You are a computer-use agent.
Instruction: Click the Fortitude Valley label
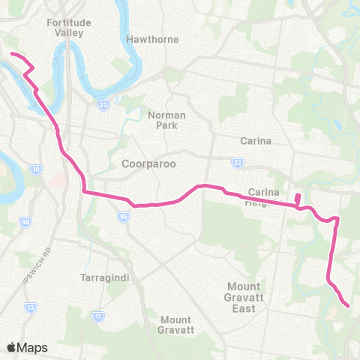tap(69, 28)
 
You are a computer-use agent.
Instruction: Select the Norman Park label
tap(166, 120)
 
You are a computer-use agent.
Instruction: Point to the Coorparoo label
tap(148, 163)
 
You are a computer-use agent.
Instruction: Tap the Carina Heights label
tap(263, 196)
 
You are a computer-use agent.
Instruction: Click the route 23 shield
tap(103, 104)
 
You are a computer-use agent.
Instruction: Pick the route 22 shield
tap(238, 163)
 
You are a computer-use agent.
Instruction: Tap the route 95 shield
tap(121, 216)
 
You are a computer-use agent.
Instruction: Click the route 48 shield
tap(26, 222)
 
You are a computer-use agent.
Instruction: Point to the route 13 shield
tap(31, 307)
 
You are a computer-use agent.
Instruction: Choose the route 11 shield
tap(98, 317)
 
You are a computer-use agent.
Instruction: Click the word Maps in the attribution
tap(33, 347)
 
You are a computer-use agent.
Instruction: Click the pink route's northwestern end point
tap(10, 54)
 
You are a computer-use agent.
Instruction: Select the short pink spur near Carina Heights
tap(298, 199)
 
